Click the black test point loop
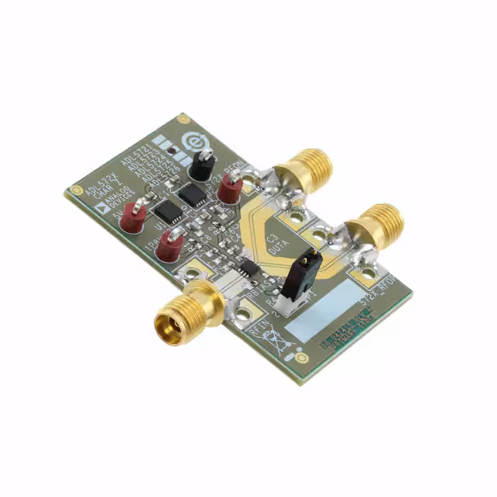click(203, 164)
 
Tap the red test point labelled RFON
click(231, 188)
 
